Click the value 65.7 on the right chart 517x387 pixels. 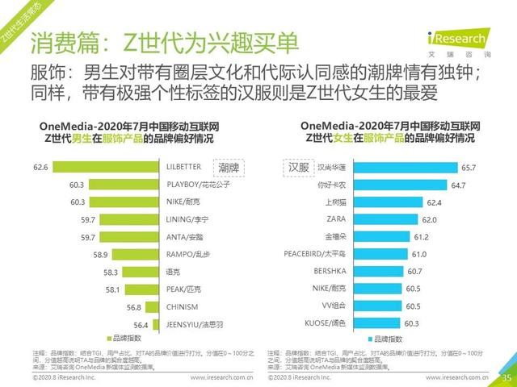[469, 168]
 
